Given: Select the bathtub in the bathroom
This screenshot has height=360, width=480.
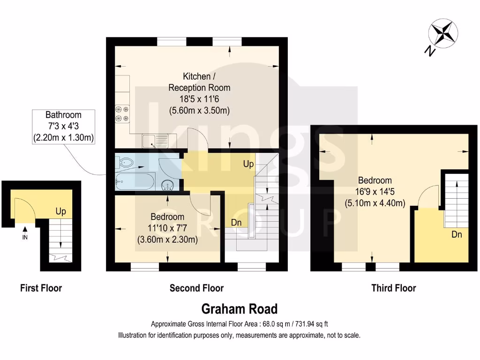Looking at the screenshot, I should click(135, 180).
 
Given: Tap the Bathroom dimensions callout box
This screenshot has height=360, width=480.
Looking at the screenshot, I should click(63, 126).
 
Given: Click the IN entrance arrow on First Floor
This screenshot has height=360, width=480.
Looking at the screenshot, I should click(25, 230).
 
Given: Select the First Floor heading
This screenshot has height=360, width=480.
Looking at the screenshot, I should click(41, 288).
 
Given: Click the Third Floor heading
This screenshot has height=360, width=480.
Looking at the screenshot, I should click(393, 288).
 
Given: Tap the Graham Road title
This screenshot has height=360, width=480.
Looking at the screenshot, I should click(240, 309).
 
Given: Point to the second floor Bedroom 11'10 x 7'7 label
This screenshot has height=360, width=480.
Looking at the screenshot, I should click(167, 228).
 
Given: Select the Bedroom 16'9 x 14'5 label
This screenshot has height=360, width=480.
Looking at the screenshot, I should click(375, 192).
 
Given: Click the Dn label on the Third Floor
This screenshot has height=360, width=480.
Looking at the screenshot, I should click(457, 234).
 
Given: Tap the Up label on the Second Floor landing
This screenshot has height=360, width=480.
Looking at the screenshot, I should click(248, 164).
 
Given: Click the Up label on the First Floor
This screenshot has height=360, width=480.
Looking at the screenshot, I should click(60, 211).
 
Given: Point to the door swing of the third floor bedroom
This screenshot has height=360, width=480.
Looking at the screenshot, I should click(428, 195).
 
